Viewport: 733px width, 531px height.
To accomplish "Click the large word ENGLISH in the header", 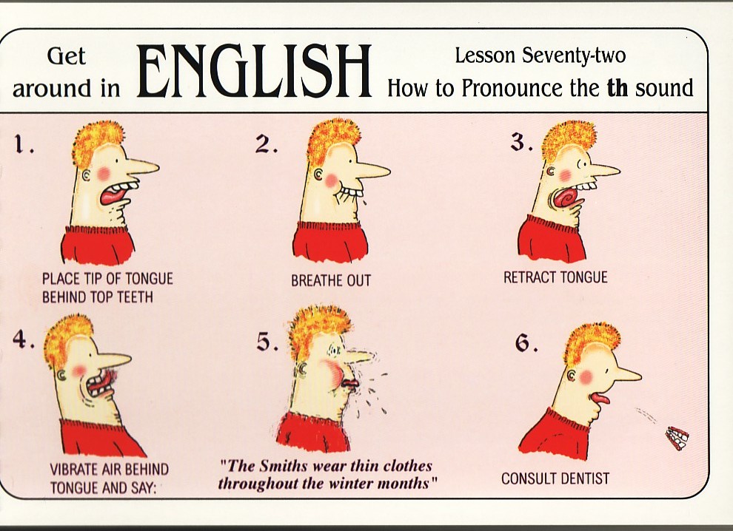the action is [x=254, y=71].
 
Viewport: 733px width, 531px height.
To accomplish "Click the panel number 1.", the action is [x=20, y=144].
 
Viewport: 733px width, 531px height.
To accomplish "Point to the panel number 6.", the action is [x=525, y=344].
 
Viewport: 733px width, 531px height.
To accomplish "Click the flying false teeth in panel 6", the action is [x=677, y=439].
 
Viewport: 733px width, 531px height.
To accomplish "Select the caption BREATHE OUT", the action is [x=331, y=280].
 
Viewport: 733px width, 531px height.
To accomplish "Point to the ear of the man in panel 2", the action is [x=319, y=175].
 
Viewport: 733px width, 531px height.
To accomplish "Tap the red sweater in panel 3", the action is [x=552, y=239].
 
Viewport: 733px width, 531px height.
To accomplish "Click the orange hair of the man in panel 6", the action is [x=592, y=340].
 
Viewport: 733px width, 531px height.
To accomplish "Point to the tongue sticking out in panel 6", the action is [x=599, y=399].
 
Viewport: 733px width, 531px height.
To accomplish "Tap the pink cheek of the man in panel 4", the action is [x=79, y=371].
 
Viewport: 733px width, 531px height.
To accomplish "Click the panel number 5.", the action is [x=267, y=343].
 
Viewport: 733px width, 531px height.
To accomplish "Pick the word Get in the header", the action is [x=67, y=56].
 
